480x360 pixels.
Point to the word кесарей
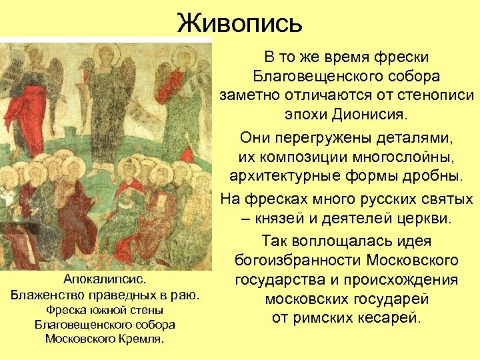pos(386,317)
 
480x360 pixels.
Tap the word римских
pos(325,317)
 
